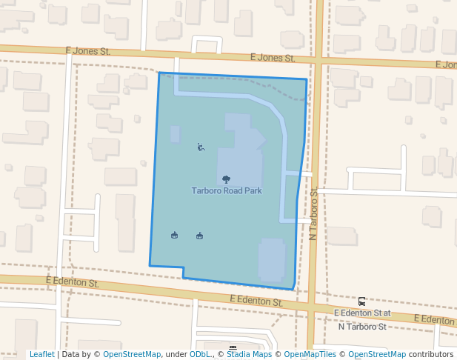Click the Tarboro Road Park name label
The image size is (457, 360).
[x=226, y=190]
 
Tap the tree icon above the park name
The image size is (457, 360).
[x=226, y=179]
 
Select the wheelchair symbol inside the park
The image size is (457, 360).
[x=201, y=147]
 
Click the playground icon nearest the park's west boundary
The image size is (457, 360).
[x=174, y=236]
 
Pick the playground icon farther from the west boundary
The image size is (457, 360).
[x=199, y=236]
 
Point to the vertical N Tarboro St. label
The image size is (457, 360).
[x=313, y=213]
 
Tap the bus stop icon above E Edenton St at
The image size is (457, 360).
[x=361, y=301]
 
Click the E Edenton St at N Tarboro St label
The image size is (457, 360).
[x=362, y=320]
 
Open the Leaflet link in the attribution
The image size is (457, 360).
[x=41, y=355]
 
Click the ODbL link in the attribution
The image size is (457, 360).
[x=199, y=355]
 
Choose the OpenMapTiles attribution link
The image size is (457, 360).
[x=310, y=355]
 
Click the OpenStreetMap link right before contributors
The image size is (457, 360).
[x=377, y=355]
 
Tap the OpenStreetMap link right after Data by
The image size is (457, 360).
[x=132, y=355]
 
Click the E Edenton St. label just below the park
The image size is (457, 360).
[x=256, y=301]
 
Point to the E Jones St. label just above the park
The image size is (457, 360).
[x=273, y=57]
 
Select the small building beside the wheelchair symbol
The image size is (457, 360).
[x=175, y=134]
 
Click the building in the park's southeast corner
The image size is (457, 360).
[x=271, y=259]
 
